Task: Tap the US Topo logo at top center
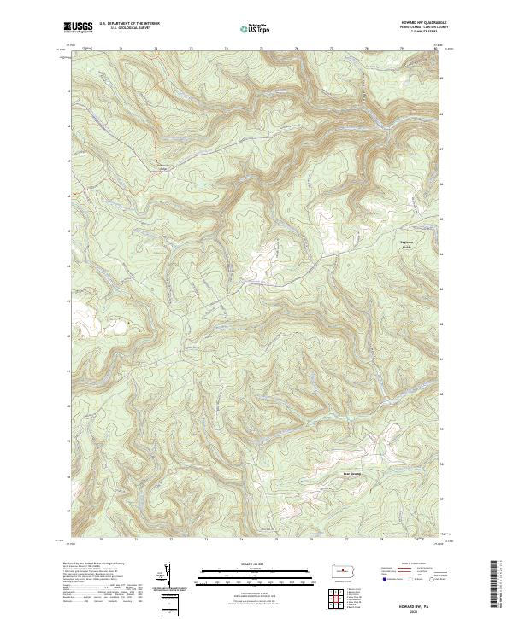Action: coord(256,28)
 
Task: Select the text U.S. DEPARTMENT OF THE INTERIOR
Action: coord(129,25)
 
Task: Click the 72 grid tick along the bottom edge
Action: coord(171,540)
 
